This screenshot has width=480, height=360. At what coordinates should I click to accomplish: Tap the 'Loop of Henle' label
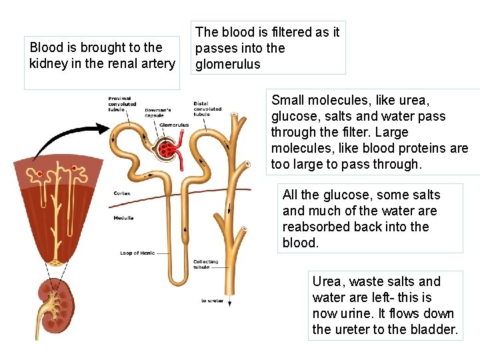138,253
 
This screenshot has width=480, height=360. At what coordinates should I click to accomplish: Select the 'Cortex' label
122,193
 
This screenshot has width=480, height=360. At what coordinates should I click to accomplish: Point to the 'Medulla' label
123,218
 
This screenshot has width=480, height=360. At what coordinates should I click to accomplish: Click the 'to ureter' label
213,301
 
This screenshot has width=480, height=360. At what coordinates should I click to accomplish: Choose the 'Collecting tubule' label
205,264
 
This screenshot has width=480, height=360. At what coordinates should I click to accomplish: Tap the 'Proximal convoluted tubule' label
122,104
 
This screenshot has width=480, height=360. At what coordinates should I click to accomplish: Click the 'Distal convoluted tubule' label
207,109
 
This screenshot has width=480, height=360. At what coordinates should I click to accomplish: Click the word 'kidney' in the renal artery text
47,64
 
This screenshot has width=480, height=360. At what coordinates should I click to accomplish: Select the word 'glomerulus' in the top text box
227,65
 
